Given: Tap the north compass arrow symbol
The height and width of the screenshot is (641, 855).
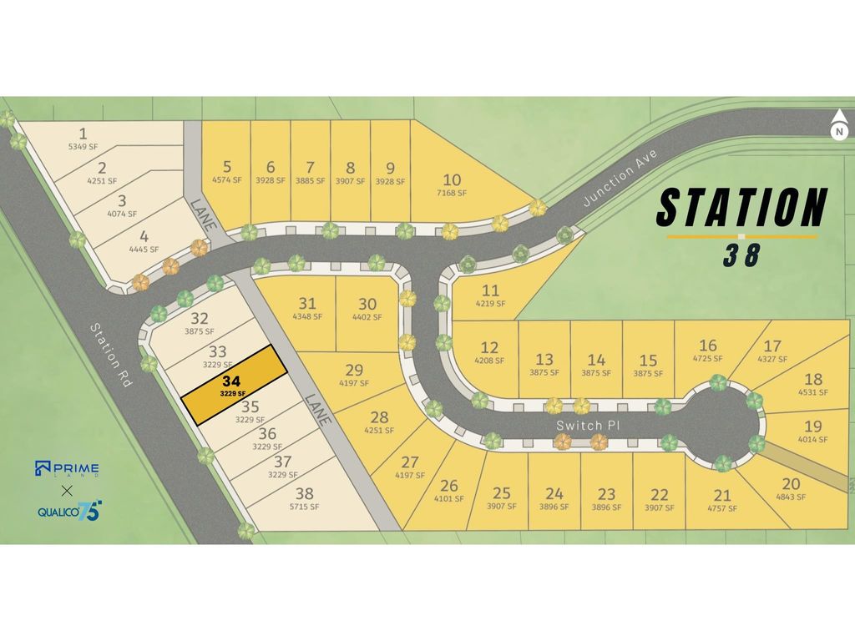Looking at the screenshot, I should (839, 125).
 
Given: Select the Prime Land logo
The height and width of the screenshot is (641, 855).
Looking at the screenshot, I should (67, 469).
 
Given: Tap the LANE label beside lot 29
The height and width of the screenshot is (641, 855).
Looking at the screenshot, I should (321, 409).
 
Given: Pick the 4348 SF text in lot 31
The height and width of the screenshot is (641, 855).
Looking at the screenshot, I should (307, 317).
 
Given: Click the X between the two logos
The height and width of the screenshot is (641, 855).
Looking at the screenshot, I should (67, 490).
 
